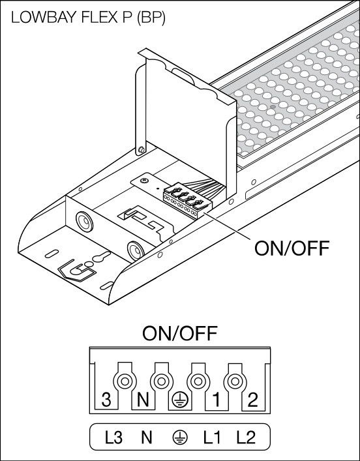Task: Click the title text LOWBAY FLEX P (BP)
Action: coord(88,18)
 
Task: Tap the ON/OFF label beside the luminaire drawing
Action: coord(291,248)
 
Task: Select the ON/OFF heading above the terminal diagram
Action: coord(179,334)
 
